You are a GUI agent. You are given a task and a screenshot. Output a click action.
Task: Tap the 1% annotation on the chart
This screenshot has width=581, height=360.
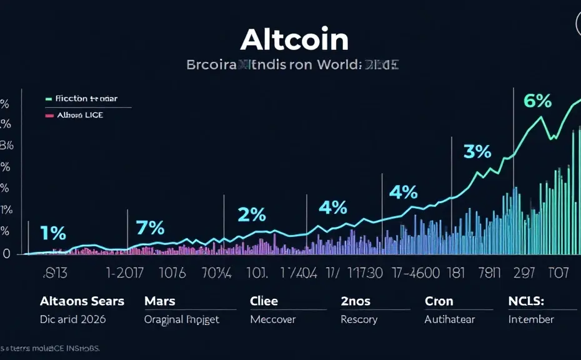(x=52, y=233)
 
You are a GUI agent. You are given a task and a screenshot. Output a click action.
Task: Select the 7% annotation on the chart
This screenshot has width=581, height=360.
(x=151, y=227)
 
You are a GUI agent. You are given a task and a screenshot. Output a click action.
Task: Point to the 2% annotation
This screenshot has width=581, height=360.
(x=252, y=214)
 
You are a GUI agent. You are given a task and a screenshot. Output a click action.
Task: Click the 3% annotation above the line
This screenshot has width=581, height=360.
(x=477, y=151)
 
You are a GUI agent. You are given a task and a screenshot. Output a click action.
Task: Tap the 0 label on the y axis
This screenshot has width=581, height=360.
(x=6, y=253)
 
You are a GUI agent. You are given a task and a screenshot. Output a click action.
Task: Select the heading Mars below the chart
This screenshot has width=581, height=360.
(x=161, y=301)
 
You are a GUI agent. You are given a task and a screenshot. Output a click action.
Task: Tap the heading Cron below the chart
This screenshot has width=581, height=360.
(x=439, y=301)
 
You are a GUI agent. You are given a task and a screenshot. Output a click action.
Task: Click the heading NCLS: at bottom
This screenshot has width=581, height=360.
(x=526, y=301)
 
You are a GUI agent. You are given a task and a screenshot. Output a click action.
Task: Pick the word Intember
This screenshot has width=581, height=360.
(x=531, y=319)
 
